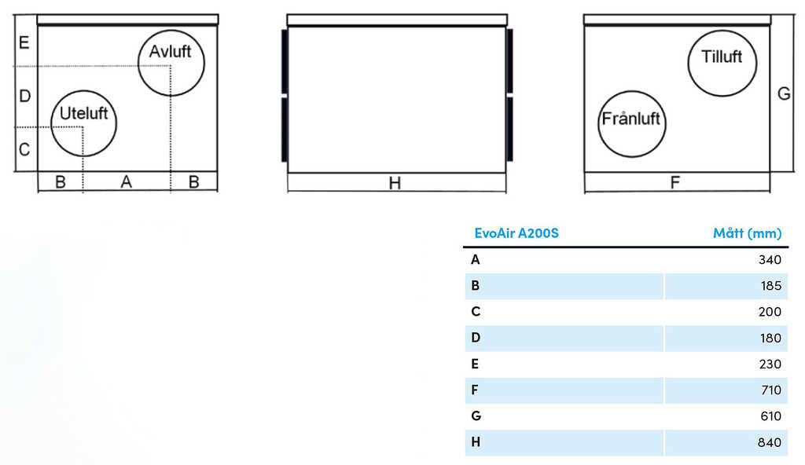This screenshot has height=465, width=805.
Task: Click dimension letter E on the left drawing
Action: (x=24, y=42)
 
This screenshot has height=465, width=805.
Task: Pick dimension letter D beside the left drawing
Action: (x=24, y=96)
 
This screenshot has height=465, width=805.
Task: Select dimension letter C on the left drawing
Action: (x=24, y=149)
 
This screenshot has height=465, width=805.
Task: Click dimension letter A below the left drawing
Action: (x=127, y=181)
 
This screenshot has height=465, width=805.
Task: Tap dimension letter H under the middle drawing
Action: (x=395, y=183)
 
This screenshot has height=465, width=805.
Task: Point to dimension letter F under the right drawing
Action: (x=675, y=182)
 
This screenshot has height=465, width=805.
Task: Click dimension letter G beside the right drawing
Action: (x=784, y=93)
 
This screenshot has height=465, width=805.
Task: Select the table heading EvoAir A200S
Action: (x=516, y=233)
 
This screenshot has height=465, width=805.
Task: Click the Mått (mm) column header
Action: (x=747, y=233)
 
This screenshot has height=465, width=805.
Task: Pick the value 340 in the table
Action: (x=770, y=260)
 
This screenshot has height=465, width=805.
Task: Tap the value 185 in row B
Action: (x=770, y=286)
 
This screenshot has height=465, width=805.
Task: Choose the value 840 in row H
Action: (x=769, y=442)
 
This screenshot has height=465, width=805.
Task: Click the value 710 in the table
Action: (x=770, y=390)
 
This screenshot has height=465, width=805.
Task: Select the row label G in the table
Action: (x=476, y=416)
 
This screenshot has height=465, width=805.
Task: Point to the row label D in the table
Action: (x=476, y=338)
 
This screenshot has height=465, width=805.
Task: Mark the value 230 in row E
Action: (x=770, y=364)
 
